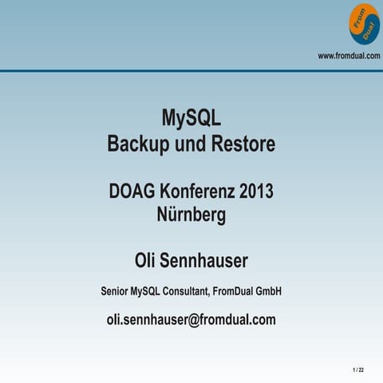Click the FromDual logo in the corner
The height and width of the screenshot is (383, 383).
(364, 24)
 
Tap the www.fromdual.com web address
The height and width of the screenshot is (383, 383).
(349, 55)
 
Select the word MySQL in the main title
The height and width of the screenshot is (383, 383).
(191, 119)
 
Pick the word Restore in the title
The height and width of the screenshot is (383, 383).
(243, 144)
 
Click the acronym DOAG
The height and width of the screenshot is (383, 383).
(132, 191)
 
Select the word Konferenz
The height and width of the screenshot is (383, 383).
(195, 191)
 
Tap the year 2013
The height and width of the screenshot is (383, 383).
(255, 191)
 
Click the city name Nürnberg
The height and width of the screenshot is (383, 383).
(191, 215)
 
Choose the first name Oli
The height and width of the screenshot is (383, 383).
(148, 261)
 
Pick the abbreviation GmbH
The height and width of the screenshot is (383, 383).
(270, 292)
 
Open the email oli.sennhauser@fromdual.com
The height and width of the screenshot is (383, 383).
(191, 320)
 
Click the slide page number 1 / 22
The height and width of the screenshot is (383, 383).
(358, 371)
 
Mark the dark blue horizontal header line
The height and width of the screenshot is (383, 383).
(191, 69)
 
